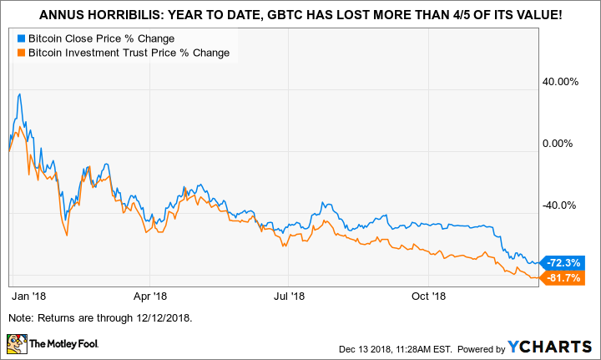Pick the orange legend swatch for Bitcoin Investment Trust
[x=20, y=53]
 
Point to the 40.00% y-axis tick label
[x=560, y=82]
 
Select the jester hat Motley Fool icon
[x=16, y=342]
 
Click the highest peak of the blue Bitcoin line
[x=19, y=94]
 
